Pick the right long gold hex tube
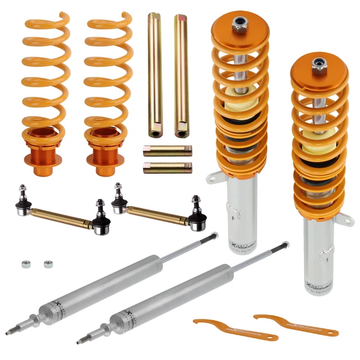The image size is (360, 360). (x=181, y=73)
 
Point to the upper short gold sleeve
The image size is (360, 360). (x=168, y=151)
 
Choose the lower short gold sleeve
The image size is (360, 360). (x=168, y=168)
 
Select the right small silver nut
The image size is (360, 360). (x=46, y=263)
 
